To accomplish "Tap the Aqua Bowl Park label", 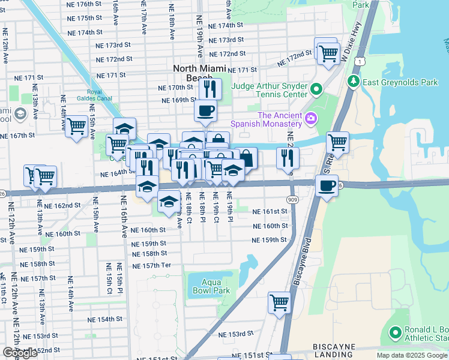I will pos(207,286).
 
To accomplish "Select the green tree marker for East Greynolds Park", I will pos(354,82).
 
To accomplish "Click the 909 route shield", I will pos(291,198).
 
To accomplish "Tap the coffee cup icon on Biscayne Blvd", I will pos(327,185).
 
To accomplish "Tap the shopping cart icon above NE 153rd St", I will pos(279,302).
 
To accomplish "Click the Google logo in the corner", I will pos(20,353).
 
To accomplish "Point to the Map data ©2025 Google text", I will pos(412,355).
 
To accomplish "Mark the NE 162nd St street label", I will pos(65,206).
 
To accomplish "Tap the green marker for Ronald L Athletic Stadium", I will pos(395,332).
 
